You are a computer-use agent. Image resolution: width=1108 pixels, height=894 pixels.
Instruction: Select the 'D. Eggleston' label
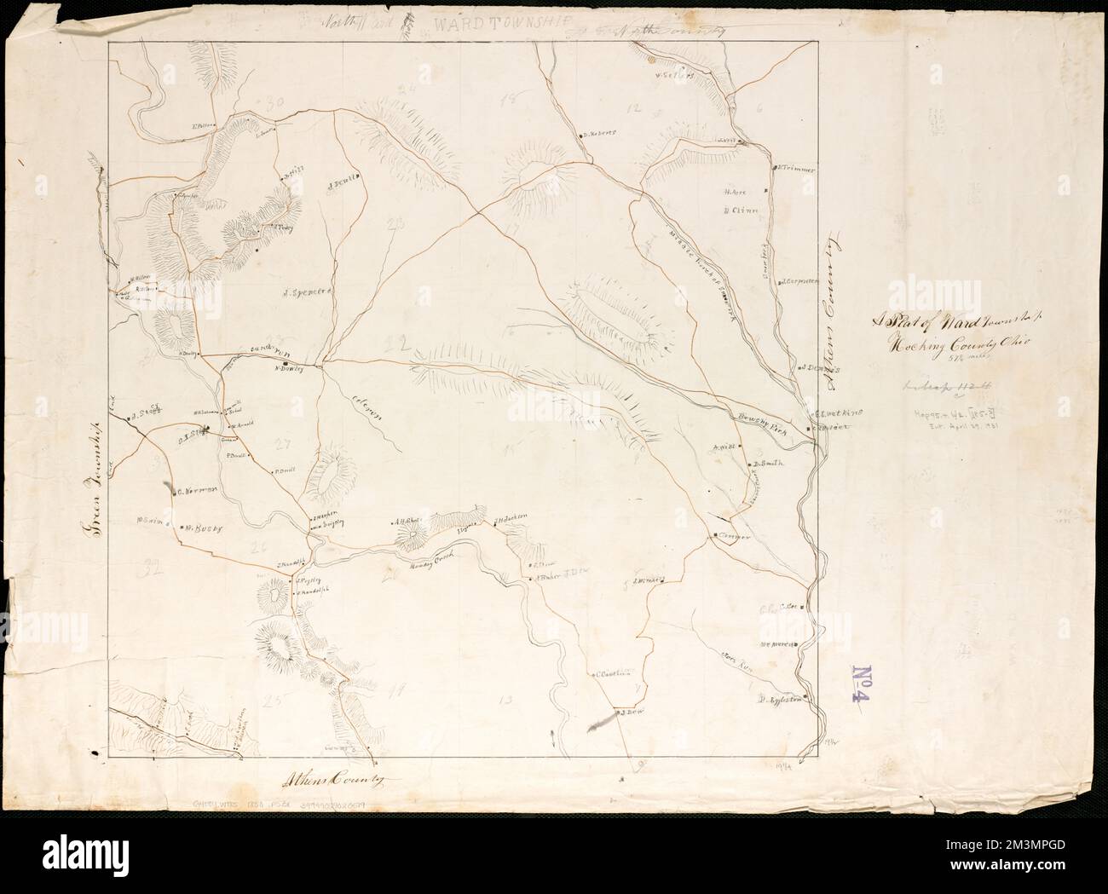tap(782, 701)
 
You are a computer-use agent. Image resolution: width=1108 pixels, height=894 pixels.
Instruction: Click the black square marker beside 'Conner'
tap(713, 535)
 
